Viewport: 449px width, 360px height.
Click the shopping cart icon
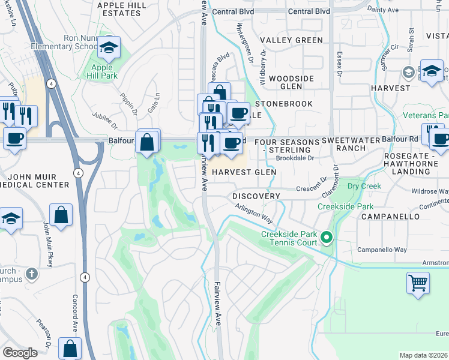[x=418, y=282]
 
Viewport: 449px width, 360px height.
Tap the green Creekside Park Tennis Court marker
[x=327, y=238]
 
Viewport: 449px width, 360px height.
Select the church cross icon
[x=32, y=274]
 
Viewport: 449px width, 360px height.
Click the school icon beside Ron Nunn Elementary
[x=109, y=47]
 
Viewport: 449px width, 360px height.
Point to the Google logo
[x=20, y=353]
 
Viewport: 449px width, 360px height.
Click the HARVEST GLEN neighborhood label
[x=244, y=172]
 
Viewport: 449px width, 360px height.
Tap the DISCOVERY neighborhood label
[x=256, y=196]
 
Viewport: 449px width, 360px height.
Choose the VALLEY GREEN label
[x=292, y=40]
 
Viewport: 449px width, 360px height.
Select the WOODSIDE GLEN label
[x=291, y=82]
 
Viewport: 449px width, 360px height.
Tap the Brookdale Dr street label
[x=295, y=159]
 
